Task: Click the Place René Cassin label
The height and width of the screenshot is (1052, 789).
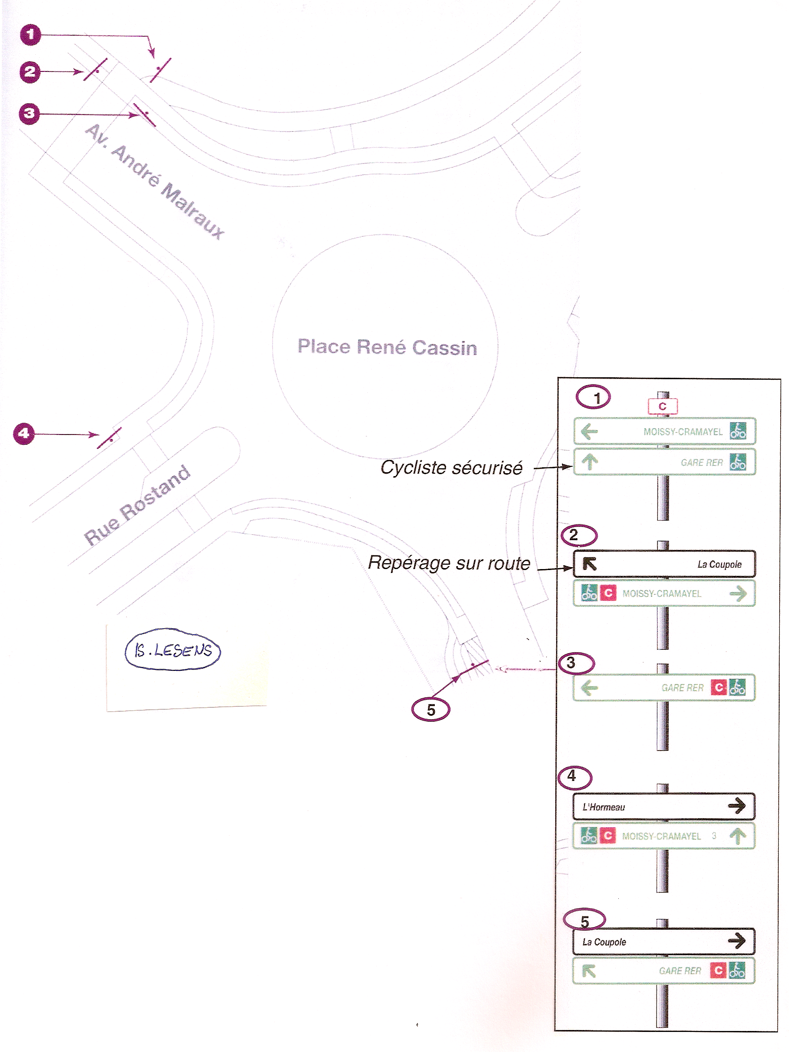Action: [387, 347]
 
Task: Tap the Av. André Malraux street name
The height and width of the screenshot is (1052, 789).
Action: [155, 182]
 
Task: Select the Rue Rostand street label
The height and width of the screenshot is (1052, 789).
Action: [137, 505]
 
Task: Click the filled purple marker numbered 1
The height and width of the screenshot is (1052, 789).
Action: [30, 35]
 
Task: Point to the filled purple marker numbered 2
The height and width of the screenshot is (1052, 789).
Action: [30, 72]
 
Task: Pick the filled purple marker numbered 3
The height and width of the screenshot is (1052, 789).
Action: [29, 114]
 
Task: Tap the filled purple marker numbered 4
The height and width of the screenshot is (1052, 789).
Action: [24, 434]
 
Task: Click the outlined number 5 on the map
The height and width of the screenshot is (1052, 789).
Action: [430, 709]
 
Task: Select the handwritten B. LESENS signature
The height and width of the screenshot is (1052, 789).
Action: [173, 650]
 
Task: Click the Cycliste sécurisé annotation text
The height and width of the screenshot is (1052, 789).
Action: [451, 468]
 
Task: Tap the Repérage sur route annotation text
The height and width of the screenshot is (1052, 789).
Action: [449, 563]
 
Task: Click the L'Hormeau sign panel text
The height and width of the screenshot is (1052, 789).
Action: [604, 807]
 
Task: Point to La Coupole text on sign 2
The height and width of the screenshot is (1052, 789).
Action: [719, 564]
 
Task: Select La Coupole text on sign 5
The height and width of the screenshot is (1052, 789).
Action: [604, 942]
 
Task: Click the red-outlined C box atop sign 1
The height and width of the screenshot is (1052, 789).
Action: [662, 406]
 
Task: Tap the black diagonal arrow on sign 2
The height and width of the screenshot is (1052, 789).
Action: [589, 564]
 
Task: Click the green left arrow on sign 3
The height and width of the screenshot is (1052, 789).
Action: [589, 688]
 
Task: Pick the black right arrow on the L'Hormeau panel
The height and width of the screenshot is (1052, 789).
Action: [737, 805]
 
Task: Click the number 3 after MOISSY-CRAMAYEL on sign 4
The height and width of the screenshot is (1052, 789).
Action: [714, 836]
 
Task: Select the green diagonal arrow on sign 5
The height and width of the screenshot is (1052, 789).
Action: [589, 971]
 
